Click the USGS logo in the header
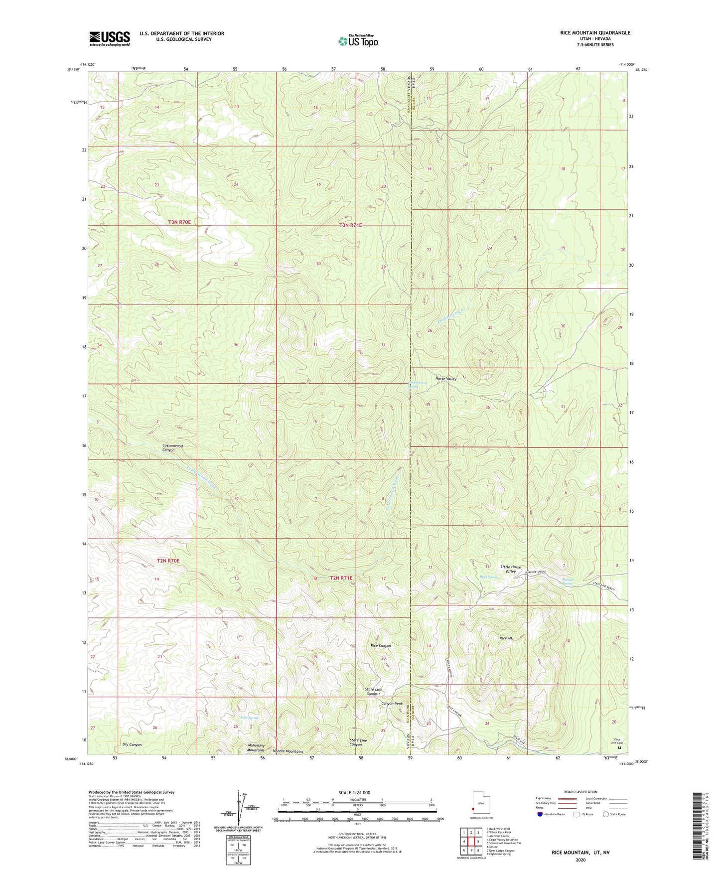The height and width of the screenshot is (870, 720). [x=110, y=38]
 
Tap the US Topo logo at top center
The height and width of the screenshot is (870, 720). [x=357, y=41]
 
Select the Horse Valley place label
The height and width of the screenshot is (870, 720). [x=446, y=379]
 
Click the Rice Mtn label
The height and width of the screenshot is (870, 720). [x=507, y=638]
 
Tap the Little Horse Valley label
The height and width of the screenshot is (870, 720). [x=511, y=569]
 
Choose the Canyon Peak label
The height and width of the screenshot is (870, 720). [x=392, y=704]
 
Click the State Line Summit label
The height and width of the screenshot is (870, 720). [x=374, y=692]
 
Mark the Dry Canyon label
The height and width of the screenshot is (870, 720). [x=132, y=745]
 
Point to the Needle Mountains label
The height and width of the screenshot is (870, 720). [x=286, y=751]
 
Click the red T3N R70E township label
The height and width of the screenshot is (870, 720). [x=179, y=222]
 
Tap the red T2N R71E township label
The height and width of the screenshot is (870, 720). [x=341, y=578]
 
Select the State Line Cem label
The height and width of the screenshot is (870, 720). [x=617, y=741]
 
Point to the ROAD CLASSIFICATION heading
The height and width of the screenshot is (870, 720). [x=581, y=792]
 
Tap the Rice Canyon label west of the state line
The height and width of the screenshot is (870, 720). [x=381, y=646]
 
